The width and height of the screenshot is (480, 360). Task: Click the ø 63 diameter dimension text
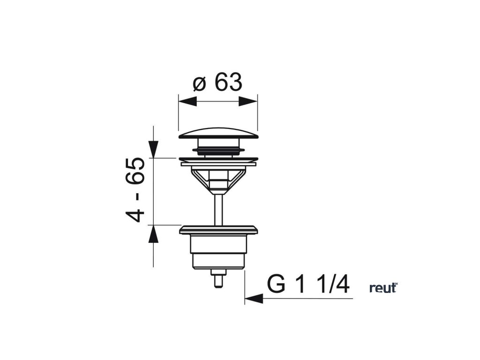(217, 83)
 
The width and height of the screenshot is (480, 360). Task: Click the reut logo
(383, 287)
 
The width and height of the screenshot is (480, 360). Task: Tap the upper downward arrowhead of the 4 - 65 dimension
(153, 149)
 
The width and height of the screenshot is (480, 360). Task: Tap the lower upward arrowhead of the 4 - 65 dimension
(153, 233)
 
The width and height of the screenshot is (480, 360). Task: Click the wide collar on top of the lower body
(218, 230)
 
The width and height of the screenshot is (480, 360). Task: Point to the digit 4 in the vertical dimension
(135, 216)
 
